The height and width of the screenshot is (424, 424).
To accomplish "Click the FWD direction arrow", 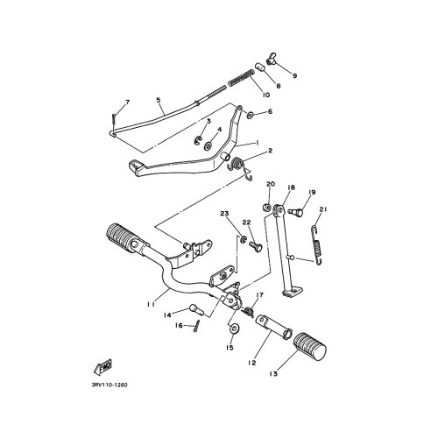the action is tap(102, 366).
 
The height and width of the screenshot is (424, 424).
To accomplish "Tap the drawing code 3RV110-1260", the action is tap(110, 385).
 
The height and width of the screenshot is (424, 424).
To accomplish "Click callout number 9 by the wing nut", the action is tap(294, 75).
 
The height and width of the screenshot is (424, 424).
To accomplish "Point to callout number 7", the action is tap(127, 102).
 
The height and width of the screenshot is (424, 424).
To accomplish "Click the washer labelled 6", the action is tap(251, 115).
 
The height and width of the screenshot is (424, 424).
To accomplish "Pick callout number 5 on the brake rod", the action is tap(159, 100).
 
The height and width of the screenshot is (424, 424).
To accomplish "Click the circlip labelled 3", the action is tap(198, 140).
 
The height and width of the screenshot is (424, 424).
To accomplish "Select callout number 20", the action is tap(271, 184).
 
